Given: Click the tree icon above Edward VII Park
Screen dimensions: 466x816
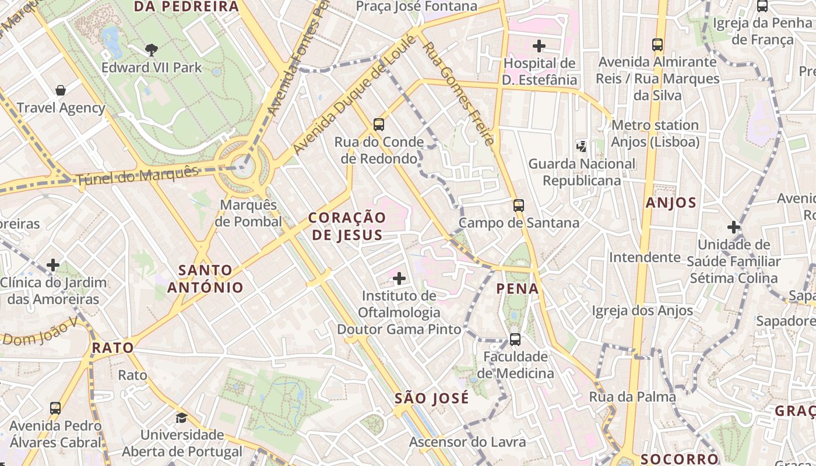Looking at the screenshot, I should pos(152,50).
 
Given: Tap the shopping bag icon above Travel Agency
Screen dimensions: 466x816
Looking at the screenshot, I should pos(61,90).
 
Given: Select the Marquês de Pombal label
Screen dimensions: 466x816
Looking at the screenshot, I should pos(248,213).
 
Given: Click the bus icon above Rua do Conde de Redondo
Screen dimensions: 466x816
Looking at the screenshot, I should pos(379,124).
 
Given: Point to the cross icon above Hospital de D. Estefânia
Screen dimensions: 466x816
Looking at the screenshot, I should pos(539,45).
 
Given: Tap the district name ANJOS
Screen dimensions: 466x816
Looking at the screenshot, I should pos(671,203).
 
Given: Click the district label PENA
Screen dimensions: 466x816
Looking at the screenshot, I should pos(518,288).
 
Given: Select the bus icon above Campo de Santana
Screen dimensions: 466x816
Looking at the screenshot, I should pos(519,205).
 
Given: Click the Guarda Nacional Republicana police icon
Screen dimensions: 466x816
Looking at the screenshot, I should pos(581,146).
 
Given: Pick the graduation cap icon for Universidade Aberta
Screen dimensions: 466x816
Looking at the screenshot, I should pos(182,418).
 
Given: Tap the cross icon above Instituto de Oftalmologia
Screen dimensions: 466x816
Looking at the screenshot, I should pos(399,278).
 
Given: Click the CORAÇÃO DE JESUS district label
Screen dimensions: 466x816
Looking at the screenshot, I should pos(347,226).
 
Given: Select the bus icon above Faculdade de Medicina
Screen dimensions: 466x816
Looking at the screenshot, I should pos(515,339).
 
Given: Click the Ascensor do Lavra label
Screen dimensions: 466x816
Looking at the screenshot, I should pos(467,442).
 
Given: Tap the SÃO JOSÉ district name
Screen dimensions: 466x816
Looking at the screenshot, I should pos(431,398).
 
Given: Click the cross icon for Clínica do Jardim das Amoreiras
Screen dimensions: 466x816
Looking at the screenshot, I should pos(53,265).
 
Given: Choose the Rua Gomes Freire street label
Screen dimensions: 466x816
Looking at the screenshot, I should pos(458,93).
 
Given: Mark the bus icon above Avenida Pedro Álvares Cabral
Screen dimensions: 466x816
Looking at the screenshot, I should pos(55,408).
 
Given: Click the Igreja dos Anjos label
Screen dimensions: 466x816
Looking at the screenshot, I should pos(642,310).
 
